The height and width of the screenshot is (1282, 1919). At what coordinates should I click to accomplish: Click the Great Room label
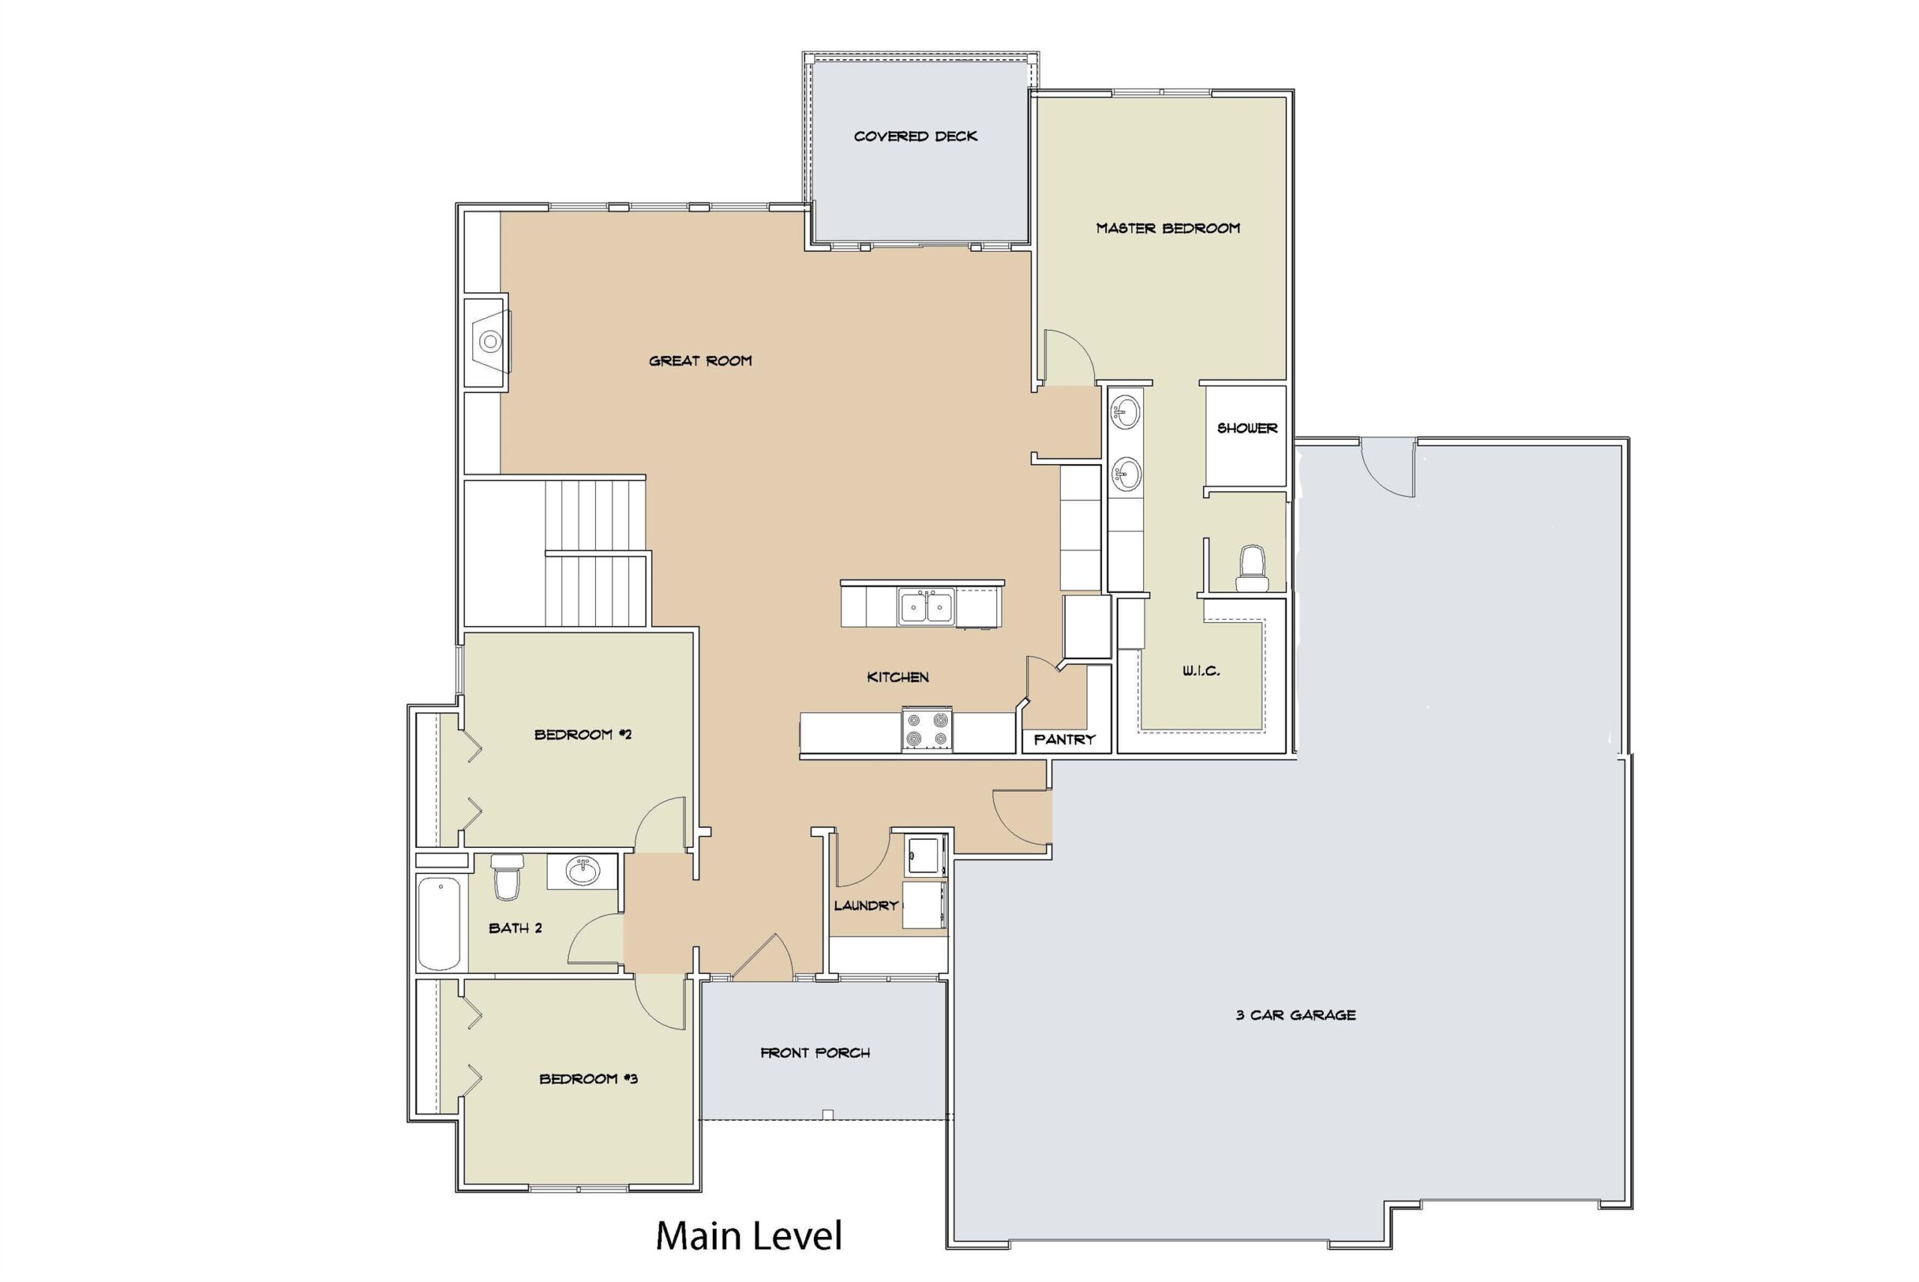tap(700, 361)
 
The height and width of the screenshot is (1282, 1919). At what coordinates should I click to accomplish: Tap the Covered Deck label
tap(915, 136)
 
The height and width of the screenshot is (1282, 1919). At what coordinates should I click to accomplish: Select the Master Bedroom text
tap(1168, 228)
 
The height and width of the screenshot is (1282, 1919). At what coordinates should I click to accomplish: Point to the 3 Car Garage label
tap(1295, 1014)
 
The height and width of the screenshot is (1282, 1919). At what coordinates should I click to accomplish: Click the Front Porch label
tap(815, 1053)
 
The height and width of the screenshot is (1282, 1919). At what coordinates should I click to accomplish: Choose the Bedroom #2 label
tap(582, 734)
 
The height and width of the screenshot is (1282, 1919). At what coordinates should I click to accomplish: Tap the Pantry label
tap(1064, 739)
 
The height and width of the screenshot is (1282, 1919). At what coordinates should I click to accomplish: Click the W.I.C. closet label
tap(1201, 670)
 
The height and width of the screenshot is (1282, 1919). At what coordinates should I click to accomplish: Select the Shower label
tap(1247, 427)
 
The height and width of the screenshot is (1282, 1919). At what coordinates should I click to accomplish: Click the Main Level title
tap(749, 1236)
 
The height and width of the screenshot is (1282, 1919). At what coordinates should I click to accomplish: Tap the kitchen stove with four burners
tap(927, 730)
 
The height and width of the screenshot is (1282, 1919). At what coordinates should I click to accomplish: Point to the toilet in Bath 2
tap(507, 876)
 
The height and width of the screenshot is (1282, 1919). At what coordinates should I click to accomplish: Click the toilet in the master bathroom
tap(1251, 568)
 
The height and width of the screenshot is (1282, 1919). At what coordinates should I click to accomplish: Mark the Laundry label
tap(866, 905)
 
